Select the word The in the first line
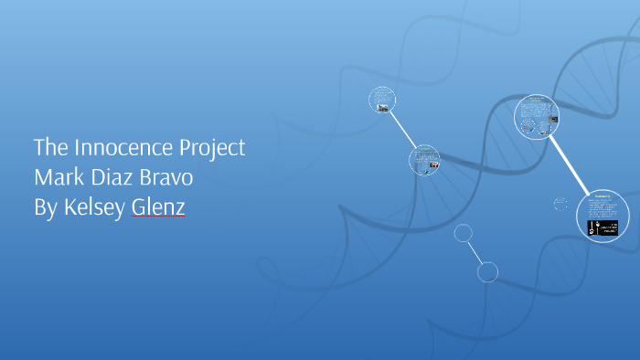[48, 148]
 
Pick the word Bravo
[166, 177]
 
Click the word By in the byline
[45, 207]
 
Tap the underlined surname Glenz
[158, 207]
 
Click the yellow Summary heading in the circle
[602, 196]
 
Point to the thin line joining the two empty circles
[476, 252]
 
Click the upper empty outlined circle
[464, 234]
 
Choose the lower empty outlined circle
[488, 271]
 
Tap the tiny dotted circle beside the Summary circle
[560, 204]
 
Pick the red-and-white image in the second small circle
[434, 166]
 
